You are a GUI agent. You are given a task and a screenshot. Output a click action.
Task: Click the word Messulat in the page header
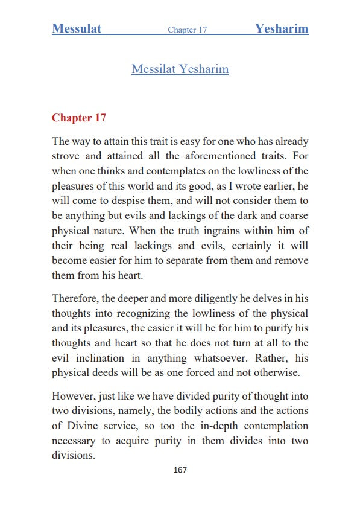[77, 28]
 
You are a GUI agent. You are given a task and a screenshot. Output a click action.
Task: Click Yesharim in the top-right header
[281, 28]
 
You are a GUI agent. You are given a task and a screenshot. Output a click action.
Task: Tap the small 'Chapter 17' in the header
[187, 30]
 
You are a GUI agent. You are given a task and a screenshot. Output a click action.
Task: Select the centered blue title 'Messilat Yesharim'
[180, 69]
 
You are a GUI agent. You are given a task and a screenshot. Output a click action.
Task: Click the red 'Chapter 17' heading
[79, 118]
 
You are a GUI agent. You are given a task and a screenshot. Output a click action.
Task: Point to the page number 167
[180, 470]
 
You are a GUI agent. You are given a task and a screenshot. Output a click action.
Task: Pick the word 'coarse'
[293, 214]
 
